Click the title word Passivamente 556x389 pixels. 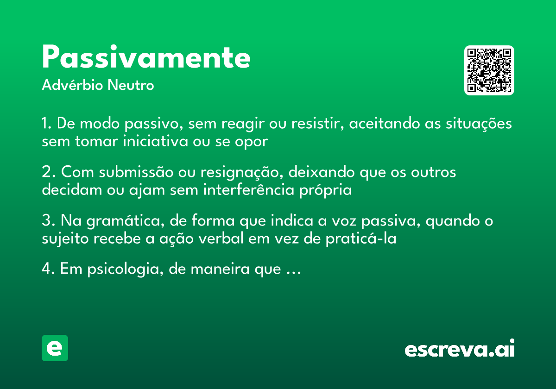click(146, 58)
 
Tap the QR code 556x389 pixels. click(489, 70)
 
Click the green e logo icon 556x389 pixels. click(55, 348)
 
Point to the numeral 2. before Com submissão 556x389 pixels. click(48, 172)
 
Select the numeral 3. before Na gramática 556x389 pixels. click(48, 221)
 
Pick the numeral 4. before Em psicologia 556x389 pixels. click(49, 269)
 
